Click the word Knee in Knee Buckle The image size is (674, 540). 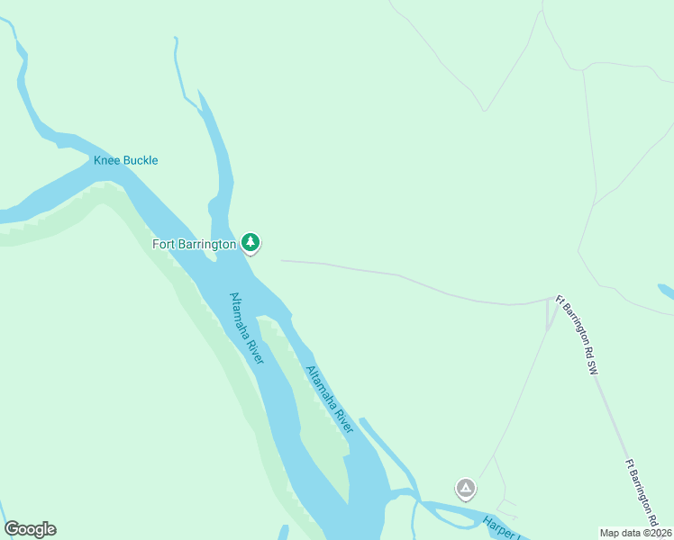[107, 161]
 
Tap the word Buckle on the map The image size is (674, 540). [140, 161]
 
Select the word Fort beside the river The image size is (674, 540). [163, 244]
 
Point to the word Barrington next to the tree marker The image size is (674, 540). [207, 244]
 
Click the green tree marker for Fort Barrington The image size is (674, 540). [250, 242]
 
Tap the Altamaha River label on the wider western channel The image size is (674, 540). [246, 328]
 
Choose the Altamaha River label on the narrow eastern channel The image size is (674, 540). [329, 399]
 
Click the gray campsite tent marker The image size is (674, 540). [465, 489]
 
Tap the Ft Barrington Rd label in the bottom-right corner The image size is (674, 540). [642, 493]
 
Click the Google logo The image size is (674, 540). [30, 529]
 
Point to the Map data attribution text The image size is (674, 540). [621, 533]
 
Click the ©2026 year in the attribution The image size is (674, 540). [657, 533]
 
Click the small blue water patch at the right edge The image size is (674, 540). [667, 292]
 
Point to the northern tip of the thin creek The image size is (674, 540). [175, 39]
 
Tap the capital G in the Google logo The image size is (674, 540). [12, 529]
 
